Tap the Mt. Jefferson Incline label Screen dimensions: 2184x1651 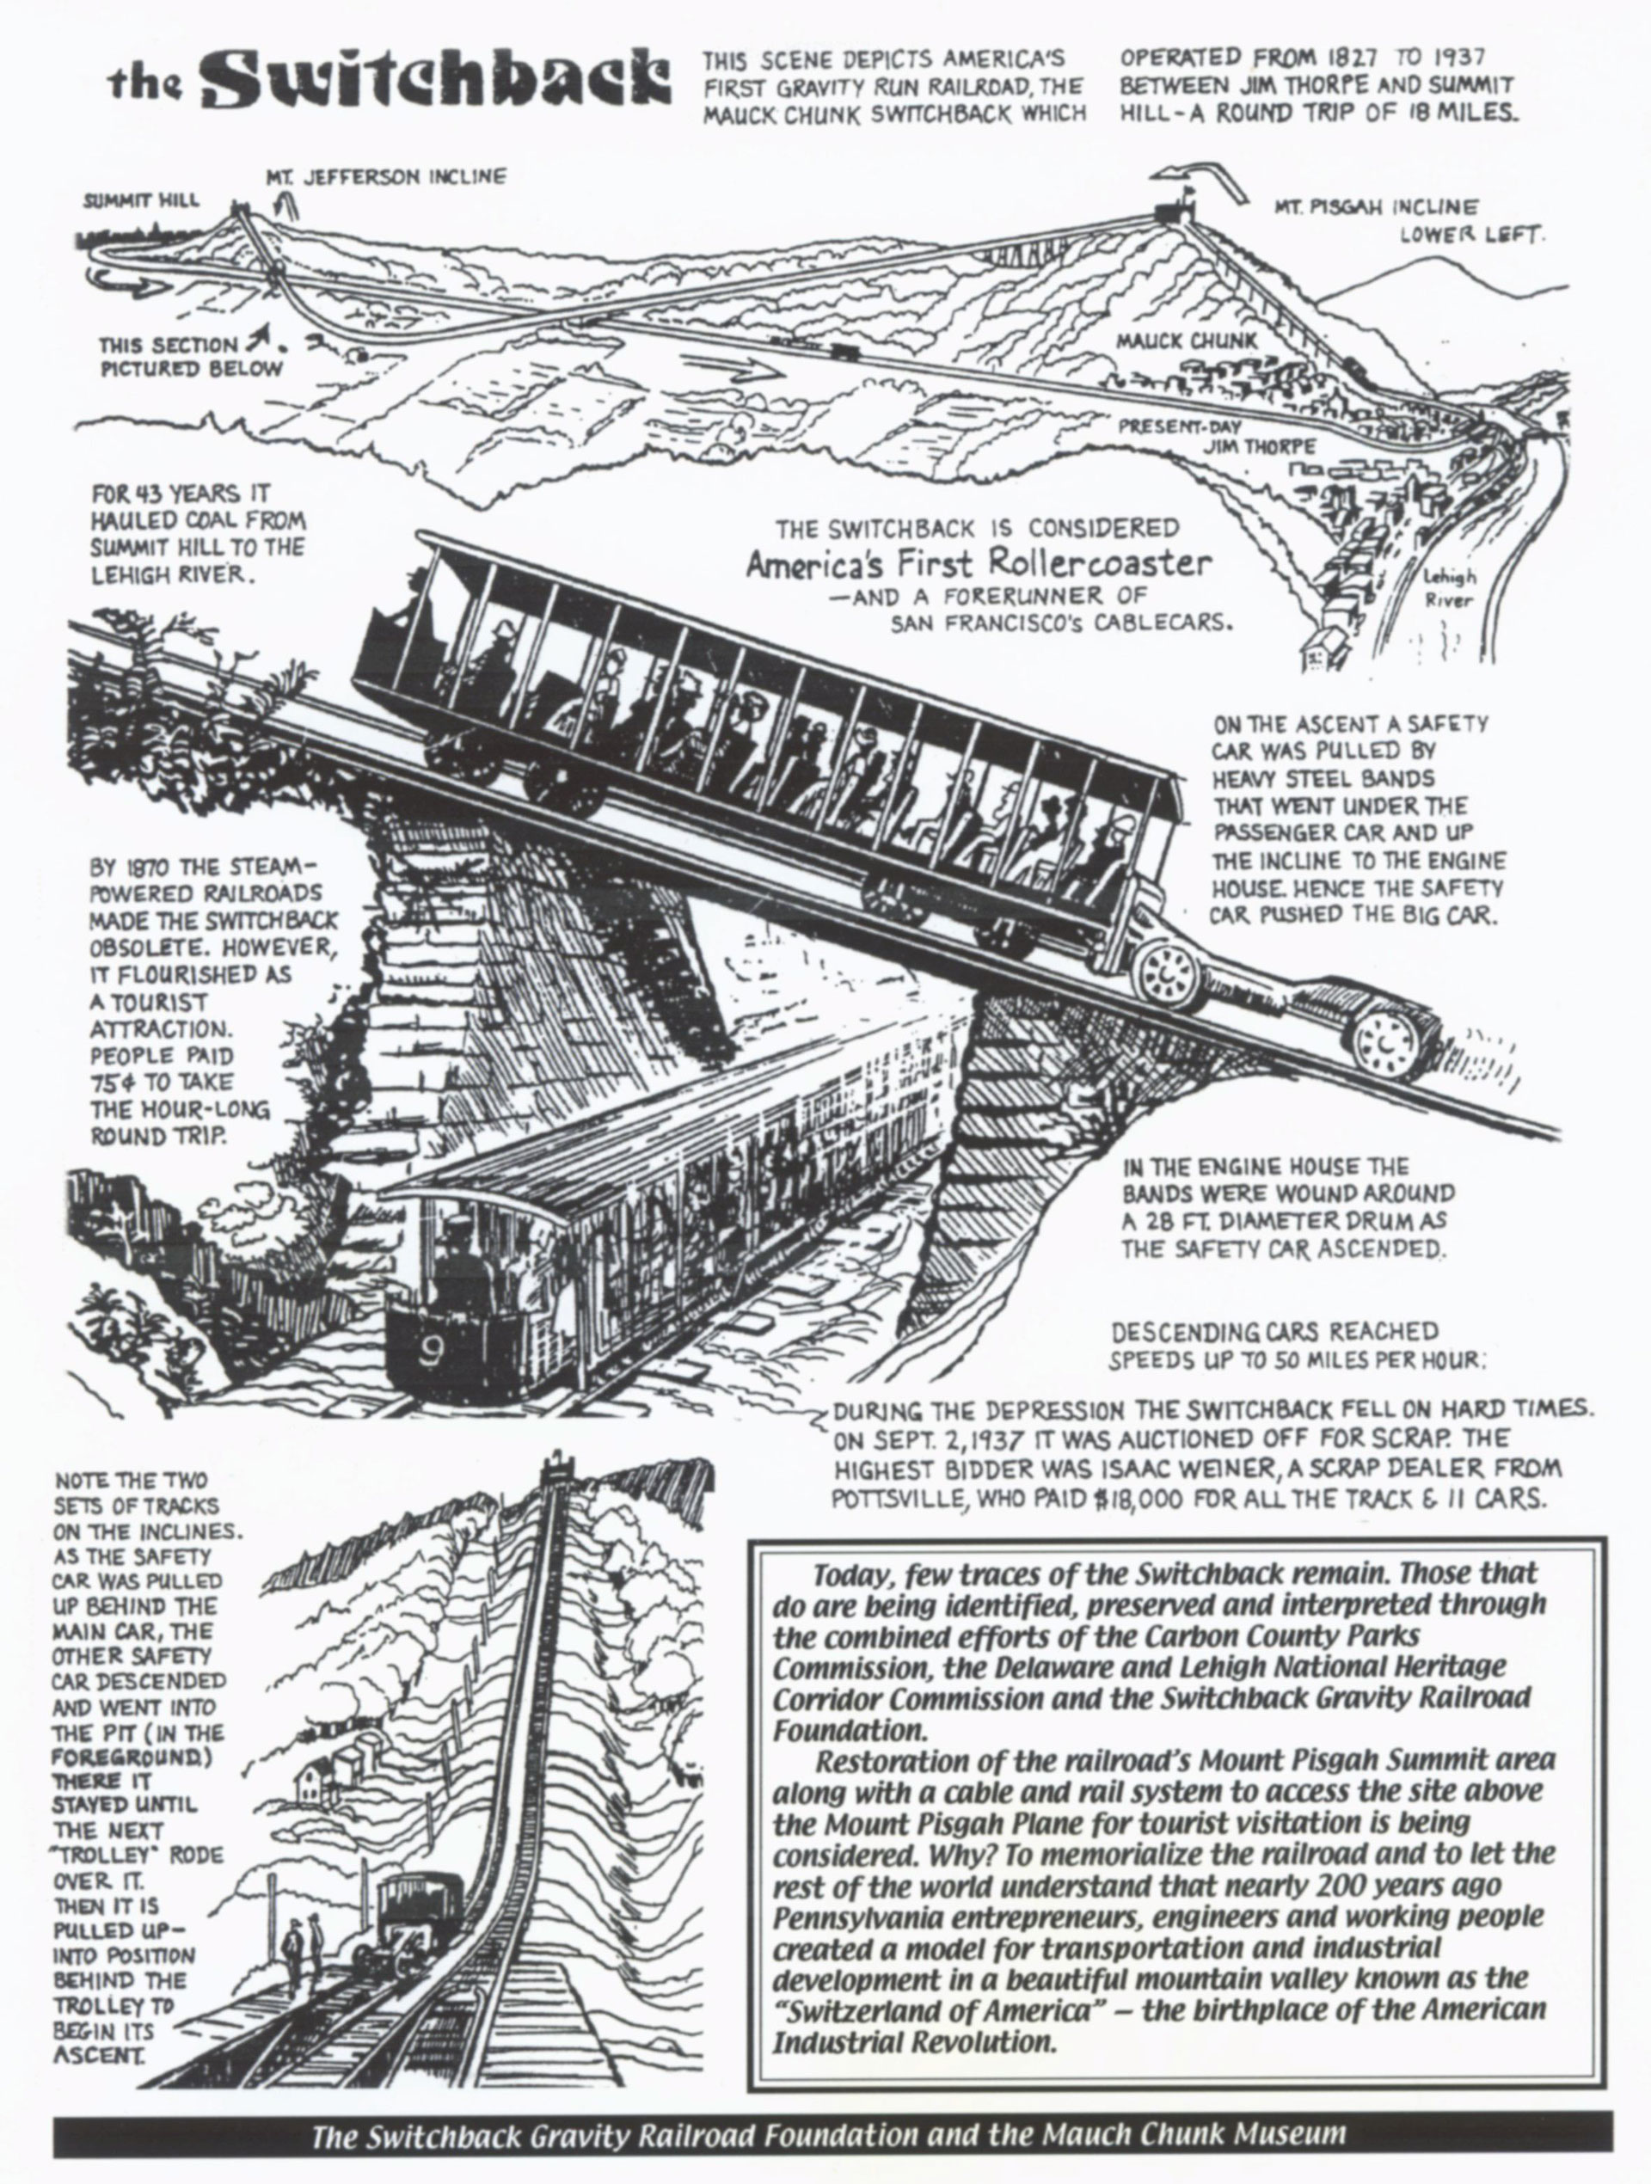point(385,178)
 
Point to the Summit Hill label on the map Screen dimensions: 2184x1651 point(139,200)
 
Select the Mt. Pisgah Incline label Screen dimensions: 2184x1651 point(1377,208)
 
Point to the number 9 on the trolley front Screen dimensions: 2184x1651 point(431,1353)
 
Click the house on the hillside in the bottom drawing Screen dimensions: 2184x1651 point(314,1779)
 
